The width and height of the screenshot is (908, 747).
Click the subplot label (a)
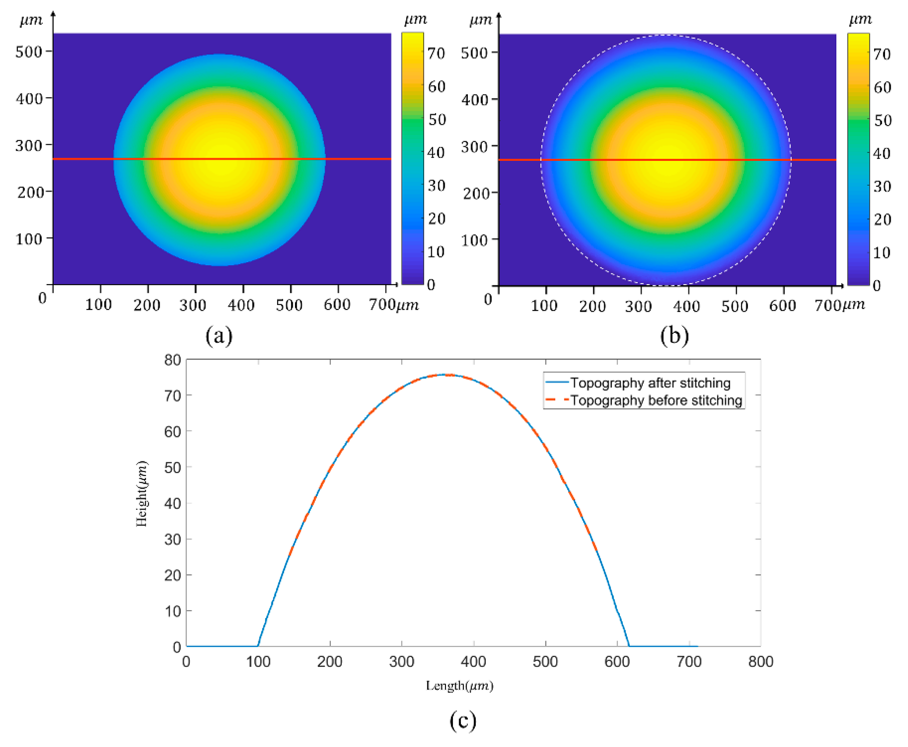(219, 335)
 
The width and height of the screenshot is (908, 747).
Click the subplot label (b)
(674, 335)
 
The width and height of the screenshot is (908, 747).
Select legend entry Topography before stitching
(656, 400)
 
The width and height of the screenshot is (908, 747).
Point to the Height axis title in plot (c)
(141, 494)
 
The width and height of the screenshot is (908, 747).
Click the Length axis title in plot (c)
(459, 685)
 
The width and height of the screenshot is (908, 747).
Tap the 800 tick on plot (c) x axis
(760, 661)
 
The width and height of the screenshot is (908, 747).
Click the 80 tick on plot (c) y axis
(172, 360)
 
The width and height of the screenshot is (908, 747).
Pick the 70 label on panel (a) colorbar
(436, 53)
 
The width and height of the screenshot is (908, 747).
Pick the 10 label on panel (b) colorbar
(881, 252)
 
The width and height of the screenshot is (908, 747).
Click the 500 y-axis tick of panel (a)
(29, 52)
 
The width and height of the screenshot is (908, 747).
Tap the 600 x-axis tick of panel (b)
(782, 306)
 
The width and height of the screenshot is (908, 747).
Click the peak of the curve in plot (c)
(447, 375)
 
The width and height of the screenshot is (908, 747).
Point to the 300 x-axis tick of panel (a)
(192, 305)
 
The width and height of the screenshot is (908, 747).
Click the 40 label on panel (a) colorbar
(436, 152)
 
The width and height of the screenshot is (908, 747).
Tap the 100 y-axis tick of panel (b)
(474, 240)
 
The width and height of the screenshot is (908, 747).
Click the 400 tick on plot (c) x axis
(473, 661)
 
